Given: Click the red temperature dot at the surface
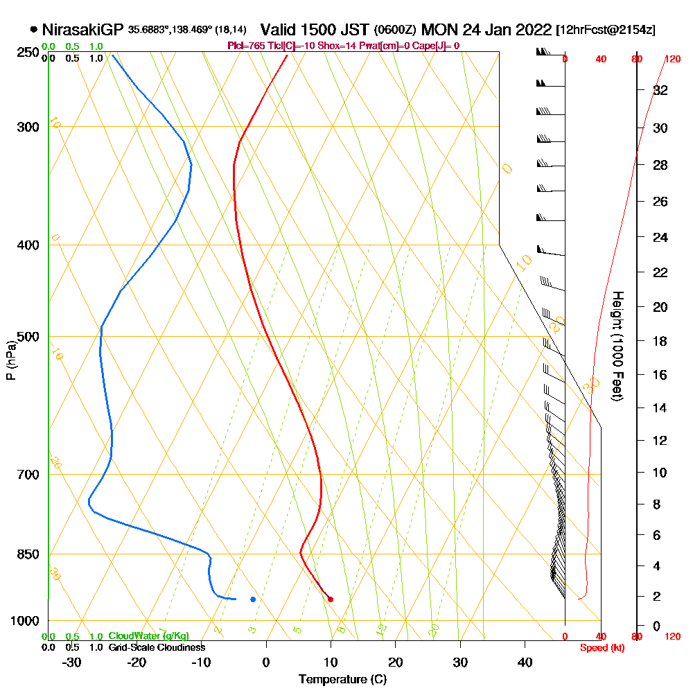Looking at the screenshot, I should click(x=331, y=599).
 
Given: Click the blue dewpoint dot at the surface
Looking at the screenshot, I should click(x=253, y=599).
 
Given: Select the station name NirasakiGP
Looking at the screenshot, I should click(x=82, y=30).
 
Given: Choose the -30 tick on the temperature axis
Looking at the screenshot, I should click(x=72, y=663).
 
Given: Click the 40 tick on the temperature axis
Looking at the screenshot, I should click(x=525, y=663).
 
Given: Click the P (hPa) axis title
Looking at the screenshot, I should click(x=11, y=360).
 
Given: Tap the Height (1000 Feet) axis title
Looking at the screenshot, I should click(x=617, y=346).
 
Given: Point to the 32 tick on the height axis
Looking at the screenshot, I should click(x=660, y=90).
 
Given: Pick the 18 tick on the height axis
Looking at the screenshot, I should click(x=660, y=341).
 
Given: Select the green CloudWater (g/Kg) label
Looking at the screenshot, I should click(x=148, y=636).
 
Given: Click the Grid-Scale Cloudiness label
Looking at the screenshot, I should click(x=157, y=647).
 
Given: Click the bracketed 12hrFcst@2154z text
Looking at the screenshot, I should click(x=605, y=30).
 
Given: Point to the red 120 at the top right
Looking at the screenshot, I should click(x=672, y=59).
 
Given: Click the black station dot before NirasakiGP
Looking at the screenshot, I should click(x=34, y=30).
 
